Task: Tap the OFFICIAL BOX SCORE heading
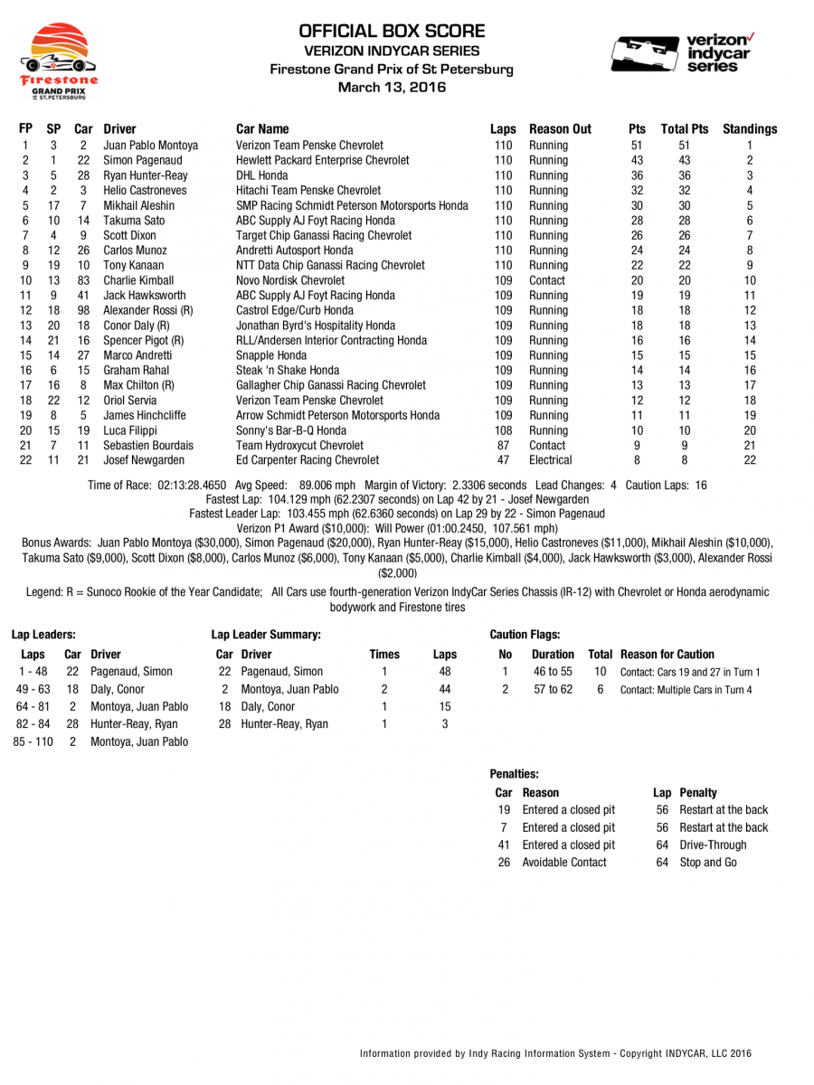(392, 31)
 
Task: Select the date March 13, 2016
(392, 87)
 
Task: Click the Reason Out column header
(560, 129)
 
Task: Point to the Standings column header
(749, 129)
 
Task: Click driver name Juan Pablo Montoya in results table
(150, 145)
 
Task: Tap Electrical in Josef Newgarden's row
(551, 460)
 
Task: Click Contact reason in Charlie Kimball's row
(547, 280)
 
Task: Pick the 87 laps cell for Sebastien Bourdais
(503, 445)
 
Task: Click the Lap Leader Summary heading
(265, 636)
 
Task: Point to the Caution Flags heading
(524, 636)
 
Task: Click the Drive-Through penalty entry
(713, 844)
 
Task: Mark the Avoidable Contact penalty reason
(563, 862)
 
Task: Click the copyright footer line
(555, 1053)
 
